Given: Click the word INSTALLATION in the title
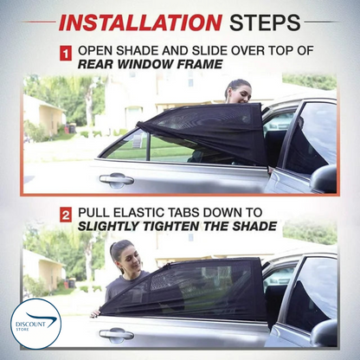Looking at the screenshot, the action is click(140, 22).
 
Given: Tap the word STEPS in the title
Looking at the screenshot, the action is click(265, 22).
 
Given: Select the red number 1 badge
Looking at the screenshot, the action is click(66, 54).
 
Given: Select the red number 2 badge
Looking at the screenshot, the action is click(66, 215).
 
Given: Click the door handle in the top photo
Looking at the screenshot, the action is click(117, 179).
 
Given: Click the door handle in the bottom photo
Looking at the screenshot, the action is click(117, 334).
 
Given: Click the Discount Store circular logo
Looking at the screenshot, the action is click(35, 324).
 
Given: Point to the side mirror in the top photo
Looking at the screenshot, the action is click(324, 178).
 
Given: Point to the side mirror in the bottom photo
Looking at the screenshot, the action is click(324, 332).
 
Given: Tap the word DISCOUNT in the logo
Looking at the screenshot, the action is click(30, 325).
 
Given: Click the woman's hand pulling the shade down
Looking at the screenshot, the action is click(95, 313).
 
